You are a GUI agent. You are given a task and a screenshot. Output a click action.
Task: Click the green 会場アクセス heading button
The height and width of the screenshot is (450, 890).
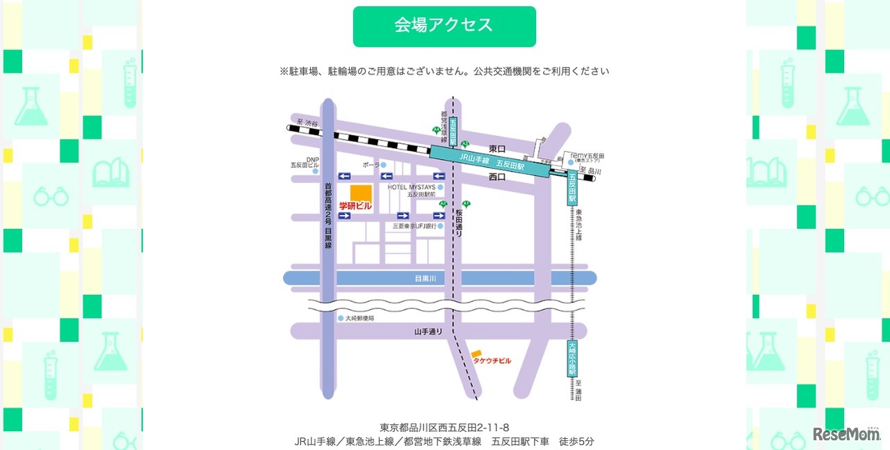click(x=444, y=26)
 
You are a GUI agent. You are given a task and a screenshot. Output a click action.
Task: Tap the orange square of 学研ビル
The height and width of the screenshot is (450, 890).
click(x=361, y=193)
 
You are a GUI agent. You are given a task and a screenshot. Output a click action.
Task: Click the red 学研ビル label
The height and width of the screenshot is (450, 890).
click(x=355, y=207)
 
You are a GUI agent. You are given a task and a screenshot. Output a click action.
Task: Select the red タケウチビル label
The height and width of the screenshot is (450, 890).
click(x=492, y=361)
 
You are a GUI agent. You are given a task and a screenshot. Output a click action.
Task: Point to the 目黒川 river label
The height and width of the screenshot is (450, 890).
click(x=425, y=278)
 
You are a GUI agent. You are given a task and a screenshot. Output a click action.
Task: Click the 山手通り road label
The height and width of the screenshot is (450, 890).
click(x=428, y=332)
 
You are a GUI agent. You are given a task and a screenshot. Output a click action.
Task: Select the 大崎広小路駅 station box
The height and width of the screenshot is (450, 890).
click(x=572, y=357)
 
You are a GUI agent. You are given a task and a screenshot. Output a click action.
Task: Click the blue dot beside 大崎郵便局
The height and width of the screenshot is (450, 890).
click(x=340, y=318)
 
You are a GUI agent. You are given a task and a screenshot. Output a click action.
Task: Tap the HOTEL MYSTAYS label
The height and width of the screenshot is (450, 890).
click(x=412, y=187)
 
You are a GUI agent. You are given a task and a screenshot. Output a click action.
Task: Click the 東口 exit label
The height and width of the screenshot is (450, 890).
click(x=497, y=149)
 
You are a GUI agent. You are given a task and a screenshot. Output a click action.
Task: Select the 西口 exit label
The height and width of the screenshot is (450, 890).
click(x=497, y=177)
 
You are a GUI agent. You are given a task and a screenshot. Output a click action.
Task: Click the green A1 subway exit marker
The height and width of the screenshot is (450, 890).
click(x=467, y=204)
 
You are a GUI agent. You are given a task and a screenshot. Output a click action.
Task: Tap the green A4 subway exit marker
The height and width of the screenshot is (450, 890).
click(x=436, y=130)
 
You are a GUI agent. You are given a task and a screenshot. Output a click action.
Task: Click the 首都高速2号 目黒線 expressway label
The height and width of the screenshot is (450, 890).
click(x=328, y=216)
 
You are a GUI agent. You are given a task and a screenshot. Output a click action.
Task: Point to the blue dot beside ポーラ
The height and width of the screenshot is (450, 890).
click(x=383, y=165)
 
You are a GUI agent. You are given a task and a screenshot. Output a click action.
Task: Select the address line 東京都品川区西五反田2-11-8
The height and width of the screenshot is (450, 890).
click(x=444, y=427)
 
